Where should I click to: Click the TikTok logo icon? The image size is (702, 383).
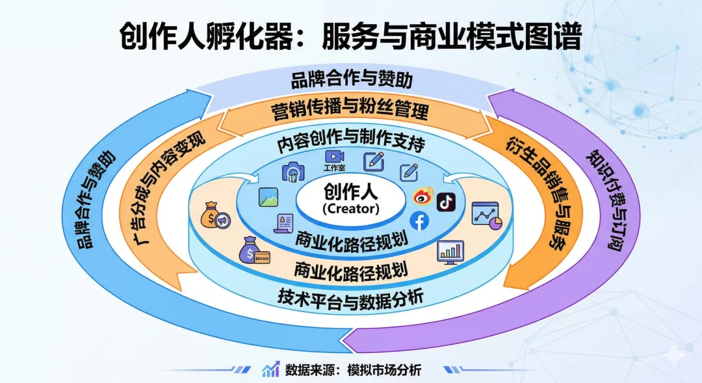coord(446,202)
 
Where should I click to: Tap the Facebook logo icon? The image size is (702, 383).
coord(419,221)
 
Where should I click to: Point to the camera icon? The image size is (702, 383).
coord(294,172)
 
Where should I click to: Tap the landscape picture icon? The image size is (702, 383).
coord(268,197)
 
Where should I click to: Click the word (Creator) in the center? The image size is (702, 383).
coord(350,209)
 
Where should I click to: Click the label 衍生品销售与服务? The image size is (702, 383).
coord(535,195)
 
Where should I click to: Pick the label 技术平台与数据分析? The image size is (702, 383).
coord(350,297)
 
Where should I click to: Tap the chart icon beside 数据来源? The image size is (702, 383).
coord(270,369)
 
